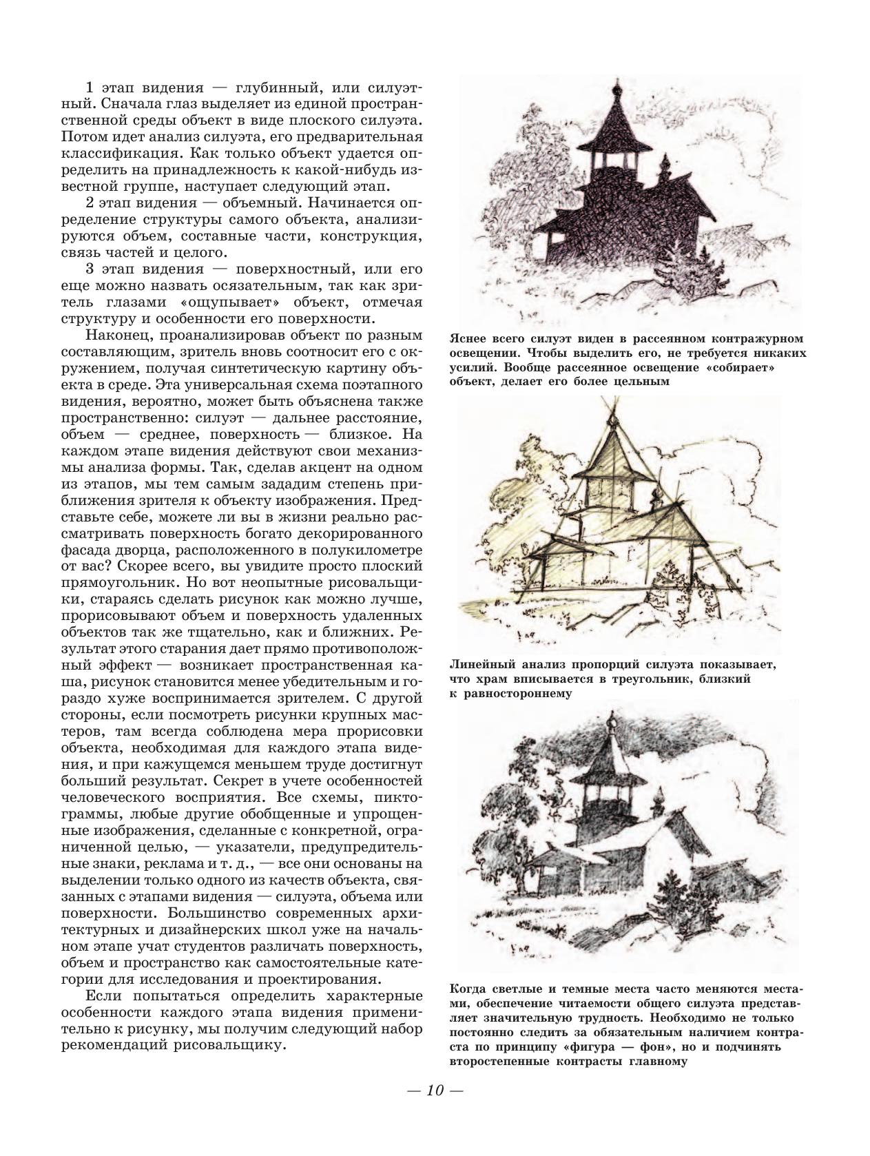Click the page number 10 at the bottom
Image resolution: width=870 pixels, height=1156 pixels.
coord(435,1091)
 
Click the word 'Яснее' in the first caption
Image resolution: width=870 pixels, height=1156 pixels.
coord(467,338)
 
